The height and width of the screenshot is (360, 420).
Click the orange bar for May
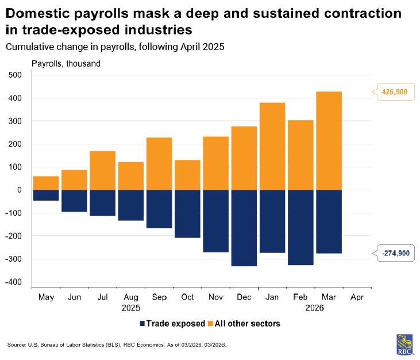pyautogui.click(x=46, y=183)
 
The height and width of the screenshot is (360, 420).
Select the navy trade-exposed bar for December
pyautogui.click(x=244, y=228)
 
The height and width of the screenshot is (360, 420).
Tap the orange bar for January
pyautogui.click(x=272, y=146)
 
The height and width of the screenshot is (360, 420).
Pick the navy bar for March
pyautogui.click(x=328, y=221)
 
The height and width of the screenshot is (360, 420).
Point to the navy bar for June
pyautogui.click(x=74, y=201)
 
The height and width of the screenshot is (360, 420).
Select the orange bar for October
pyautogui.click(x=187, y=175)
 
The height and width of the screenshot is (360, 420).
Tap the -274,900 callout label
pyautogui.click(x=395, y=253)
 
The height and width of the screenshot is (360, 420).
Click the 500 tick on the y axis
pyautogui.click(x=14, y=75)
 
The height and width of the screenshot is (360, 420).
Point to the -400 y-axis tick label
pyautogui.click(x=12, y=282)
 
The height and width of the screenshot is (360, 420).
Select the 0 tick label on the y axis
pyautogui.click(x=18, y=190)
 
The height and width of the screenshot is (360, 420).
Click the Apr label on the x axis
pyautogui.click(x=357, y=297)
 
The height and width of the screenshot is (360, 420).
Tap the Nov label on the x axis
pyautogui.click(x=215, y=297)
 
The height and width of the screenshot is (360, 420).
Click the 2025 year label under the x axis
pyautogui.click(x=131, y=308)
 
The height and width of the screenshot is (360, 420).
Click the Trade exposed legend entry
pyautogui.click(x=172, y=324)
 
